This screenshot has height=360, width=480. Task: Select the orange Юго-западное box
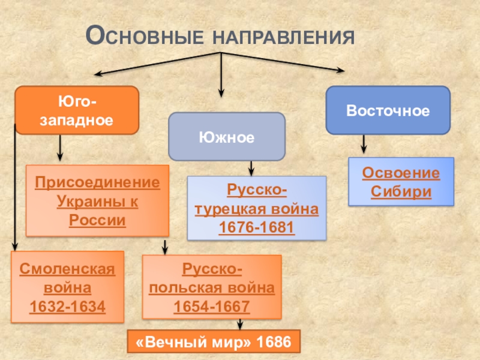pyautogui.click(x=77, y=110)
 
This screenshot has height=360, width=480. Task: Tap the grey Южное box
pyautogui.click(x=226, y=137)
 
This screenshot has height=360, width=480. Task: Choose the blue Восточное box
pyautogui.click(x=388, y=110)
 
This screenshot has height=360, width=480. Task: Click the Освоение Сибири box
pyautogui.click(x=401, y=182)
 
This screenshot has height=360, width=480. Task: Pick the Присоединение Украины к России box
pyautogui.click(x=97, y=200)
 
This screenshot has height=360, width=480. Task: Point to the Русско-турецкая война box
pyautogui.click(x=256, y=209)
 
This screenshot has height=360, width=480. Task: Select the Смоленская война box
pyautogui.click(x=67, y=287)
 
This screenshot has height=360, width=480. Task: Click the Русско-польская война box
pyautogui.click(x=211, y=287)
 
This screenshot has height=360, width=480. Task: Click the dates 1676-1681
pyautogui.click(x=256, y=229)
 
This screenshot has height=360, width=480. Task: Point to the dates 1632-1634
pyautogui.click(x=67, y=307)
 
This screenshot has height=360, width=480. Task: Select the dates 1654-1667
pyautogui.click(x=211, y=307)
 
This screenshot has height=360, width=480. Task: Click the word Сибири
pyautogui.click(x=401, y=193)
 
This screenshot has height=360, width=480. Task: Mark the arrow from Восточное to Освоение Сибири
pyautogui.click(x=363, y=145)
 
